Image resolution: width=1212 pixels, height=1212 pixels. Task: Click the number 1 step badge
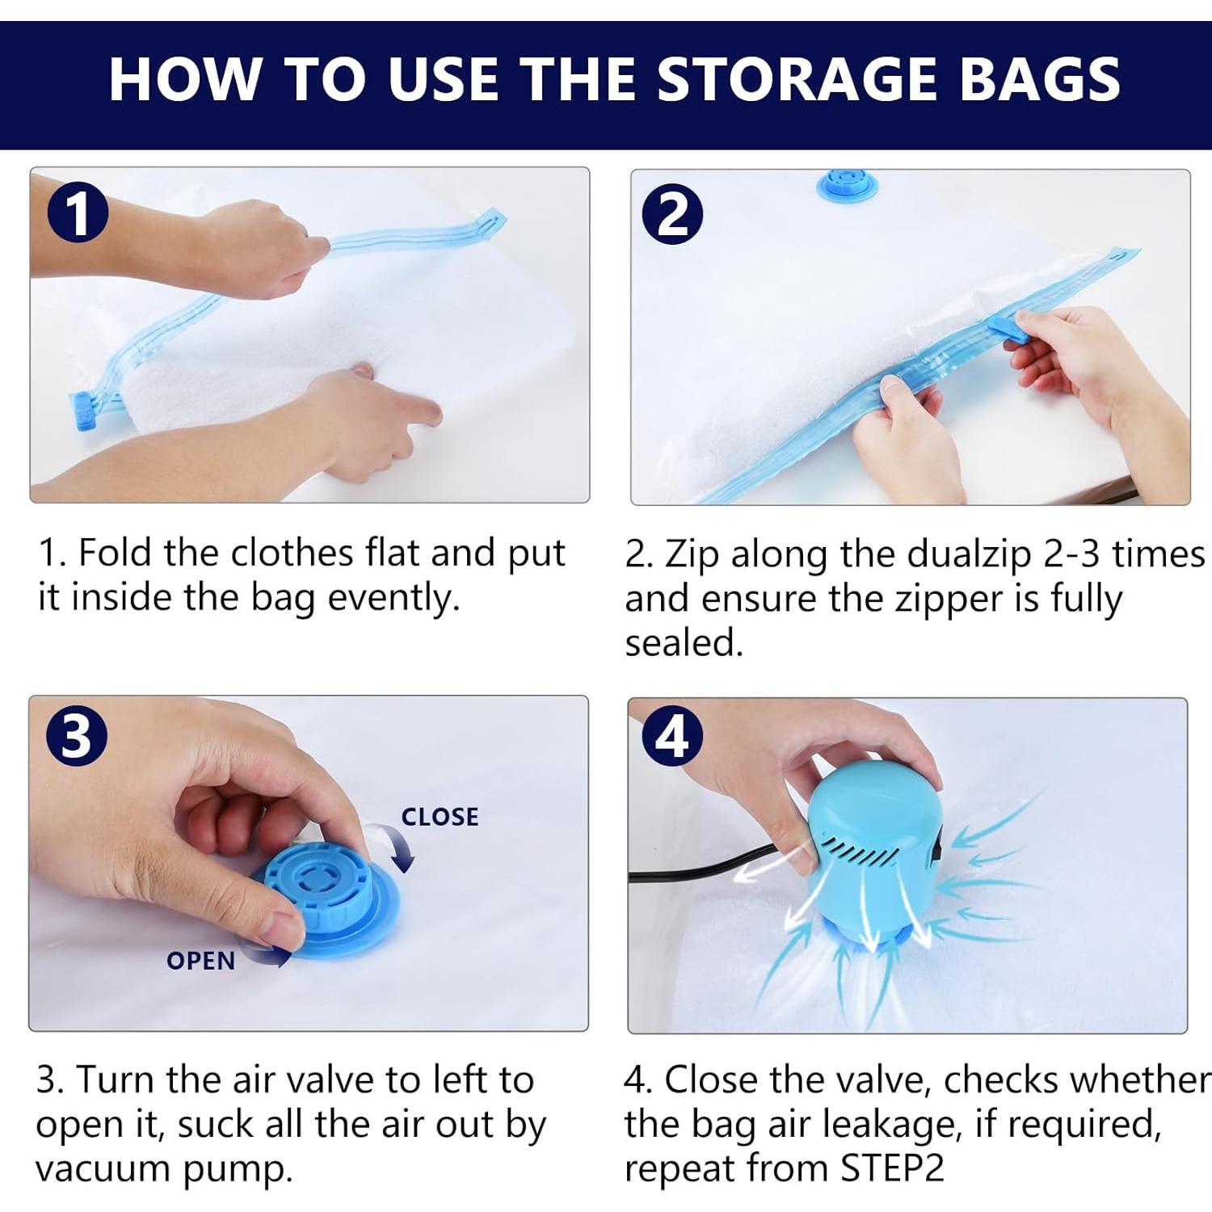coord(77,213)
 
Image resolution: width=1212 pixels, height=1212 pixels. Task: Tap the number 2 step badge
coord(672,214)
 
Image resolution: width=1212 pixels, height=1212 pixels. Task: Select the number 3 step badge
coord(77,736)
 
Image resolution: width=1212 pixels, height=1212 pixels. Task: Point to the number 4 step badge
coord(672,736)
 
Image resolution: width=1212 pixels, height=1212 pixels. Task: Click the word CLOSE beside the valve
coord(440,817)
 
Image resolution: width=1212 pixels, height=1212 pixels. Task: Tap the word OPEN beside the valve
coord(200,961)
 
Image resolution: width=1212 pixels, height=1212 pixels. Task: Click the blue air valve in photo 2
coord(844,186)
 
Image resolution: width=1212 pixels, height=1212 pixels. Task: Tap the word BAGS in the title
coord(1039,79)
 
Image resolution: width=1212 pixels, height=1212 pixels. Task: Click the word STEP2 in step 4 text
coord(892,1168)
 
